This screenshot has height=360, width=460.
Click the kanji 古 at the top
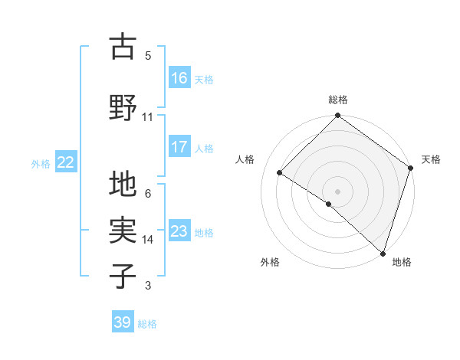pyautogui.click(x=123, y=47)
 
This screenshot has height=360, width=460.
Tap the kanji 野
pyautogui.click(x=123, y=106)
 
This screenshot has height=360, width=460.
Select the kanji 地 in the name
pyautogui.click(x=123, y=185)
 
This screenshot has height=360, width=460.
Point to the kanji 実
pyautogui.click(x=123, y=231)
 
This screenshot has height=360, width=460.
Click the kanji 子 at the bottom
pyautogui.click(x=123, y=276)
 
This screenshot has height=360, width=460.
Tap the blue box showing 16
pyautogui.click(x=179, y=77)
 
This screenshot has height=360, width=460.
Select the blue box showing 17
pyautogui.click(x=179, y=147)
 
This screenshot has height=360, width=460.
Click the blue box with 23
pyautogui.click(x=179, y=231)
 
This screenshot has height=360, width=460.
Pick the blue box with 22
pyautogui.click(x=66, y=162)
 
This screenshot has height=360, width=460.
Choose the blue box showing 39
pyautogui.click(x=123, y=322)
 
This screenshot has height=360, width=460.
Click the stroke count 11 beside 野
pyautogui.click(x=147, y=117)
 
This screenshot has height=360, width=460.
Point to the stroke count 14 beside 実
pyautogui.click(x=147, y=240)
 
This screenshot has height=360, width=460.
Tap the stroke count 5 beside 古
pyautogui.click(x=147, y=56)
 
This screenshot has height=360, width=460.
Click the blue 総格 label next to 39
pyautogui.click(x=147, y=324)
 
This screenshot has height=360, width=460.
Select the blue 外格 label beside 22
pyautogui.click(x=40, y=163)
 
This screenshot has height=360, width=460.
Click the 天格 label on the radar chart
pyautogui.click(x=431, y=159)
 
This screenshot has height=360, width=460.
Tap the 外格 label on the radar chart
pyautogui.click(x=270, y=262)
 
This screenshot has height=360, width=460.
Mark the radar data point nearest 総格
pyautogui.click(x=337, y=116)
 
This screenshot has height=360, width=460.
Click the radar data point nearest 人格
pyautogui.click(x=280, y=173)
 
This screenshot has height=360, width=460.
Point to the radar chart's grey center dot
pyautogui.click(x=337, y=191)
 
